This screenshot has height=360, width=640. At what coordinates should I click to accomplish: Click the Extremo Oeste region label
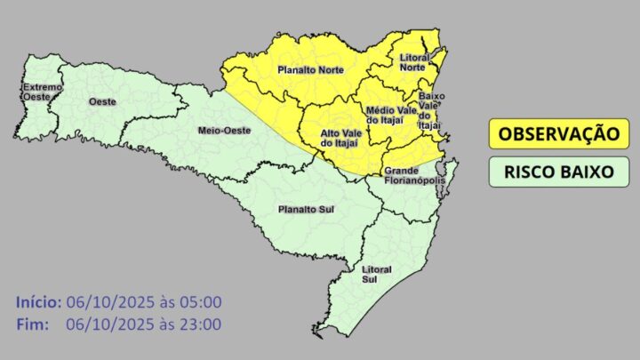pos(42,92)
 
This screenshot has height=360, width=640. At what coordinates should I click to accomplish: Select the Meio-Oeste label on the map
pos(223,131)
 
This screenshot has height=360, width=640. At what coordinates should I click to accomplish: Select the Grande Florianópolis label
pos(413,175)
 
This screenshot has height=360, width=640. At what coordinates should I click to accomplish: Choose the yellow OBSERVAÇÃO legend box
pos(557,134)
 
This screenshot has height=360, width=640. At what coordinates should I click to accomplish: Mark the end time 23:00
pos(201,324)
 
